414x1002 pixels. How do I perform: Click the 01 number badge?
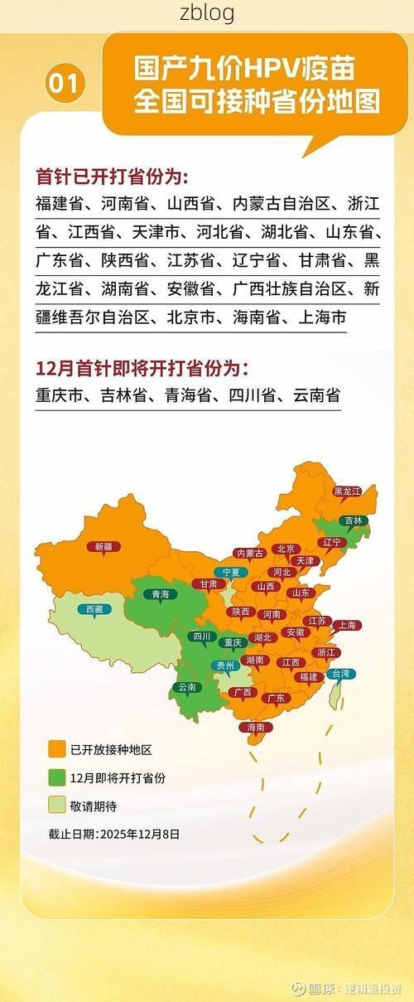click(67, 84)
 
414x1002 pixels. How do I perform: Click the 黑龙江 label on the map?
click(347, 491)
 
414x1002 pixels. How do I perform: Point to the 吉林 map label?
click(354, 520)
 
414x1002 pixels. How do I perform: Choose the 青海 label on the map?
click(160, 594)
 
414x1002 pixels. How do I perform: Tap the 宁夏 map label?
click(229, 572)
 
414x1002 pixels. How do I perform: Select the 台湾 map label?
click(341, 673)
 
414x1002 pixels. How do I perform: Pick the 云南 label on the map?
click(186, 687)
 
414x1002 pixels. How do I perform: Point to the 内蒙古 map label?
click(249, 553)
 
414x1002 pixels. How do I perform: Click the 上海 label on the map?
click(346, 625)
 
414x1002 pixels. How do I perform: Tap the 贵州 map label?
click(225, 665)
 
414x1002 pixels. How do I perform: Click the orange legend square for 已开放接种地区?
click(57, 750)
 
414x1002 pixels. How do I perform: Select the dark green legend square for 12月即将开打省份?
click(57, 778)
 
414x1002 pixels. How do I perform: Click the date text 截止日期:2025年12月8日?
click(113, 835)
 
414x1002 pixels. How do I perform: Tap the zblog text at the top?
click(207, 13)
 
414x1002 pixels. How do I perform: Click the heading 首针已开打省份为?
click(112, 177)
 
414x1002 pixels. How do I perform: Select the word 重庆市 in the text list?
click(61, 396)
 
